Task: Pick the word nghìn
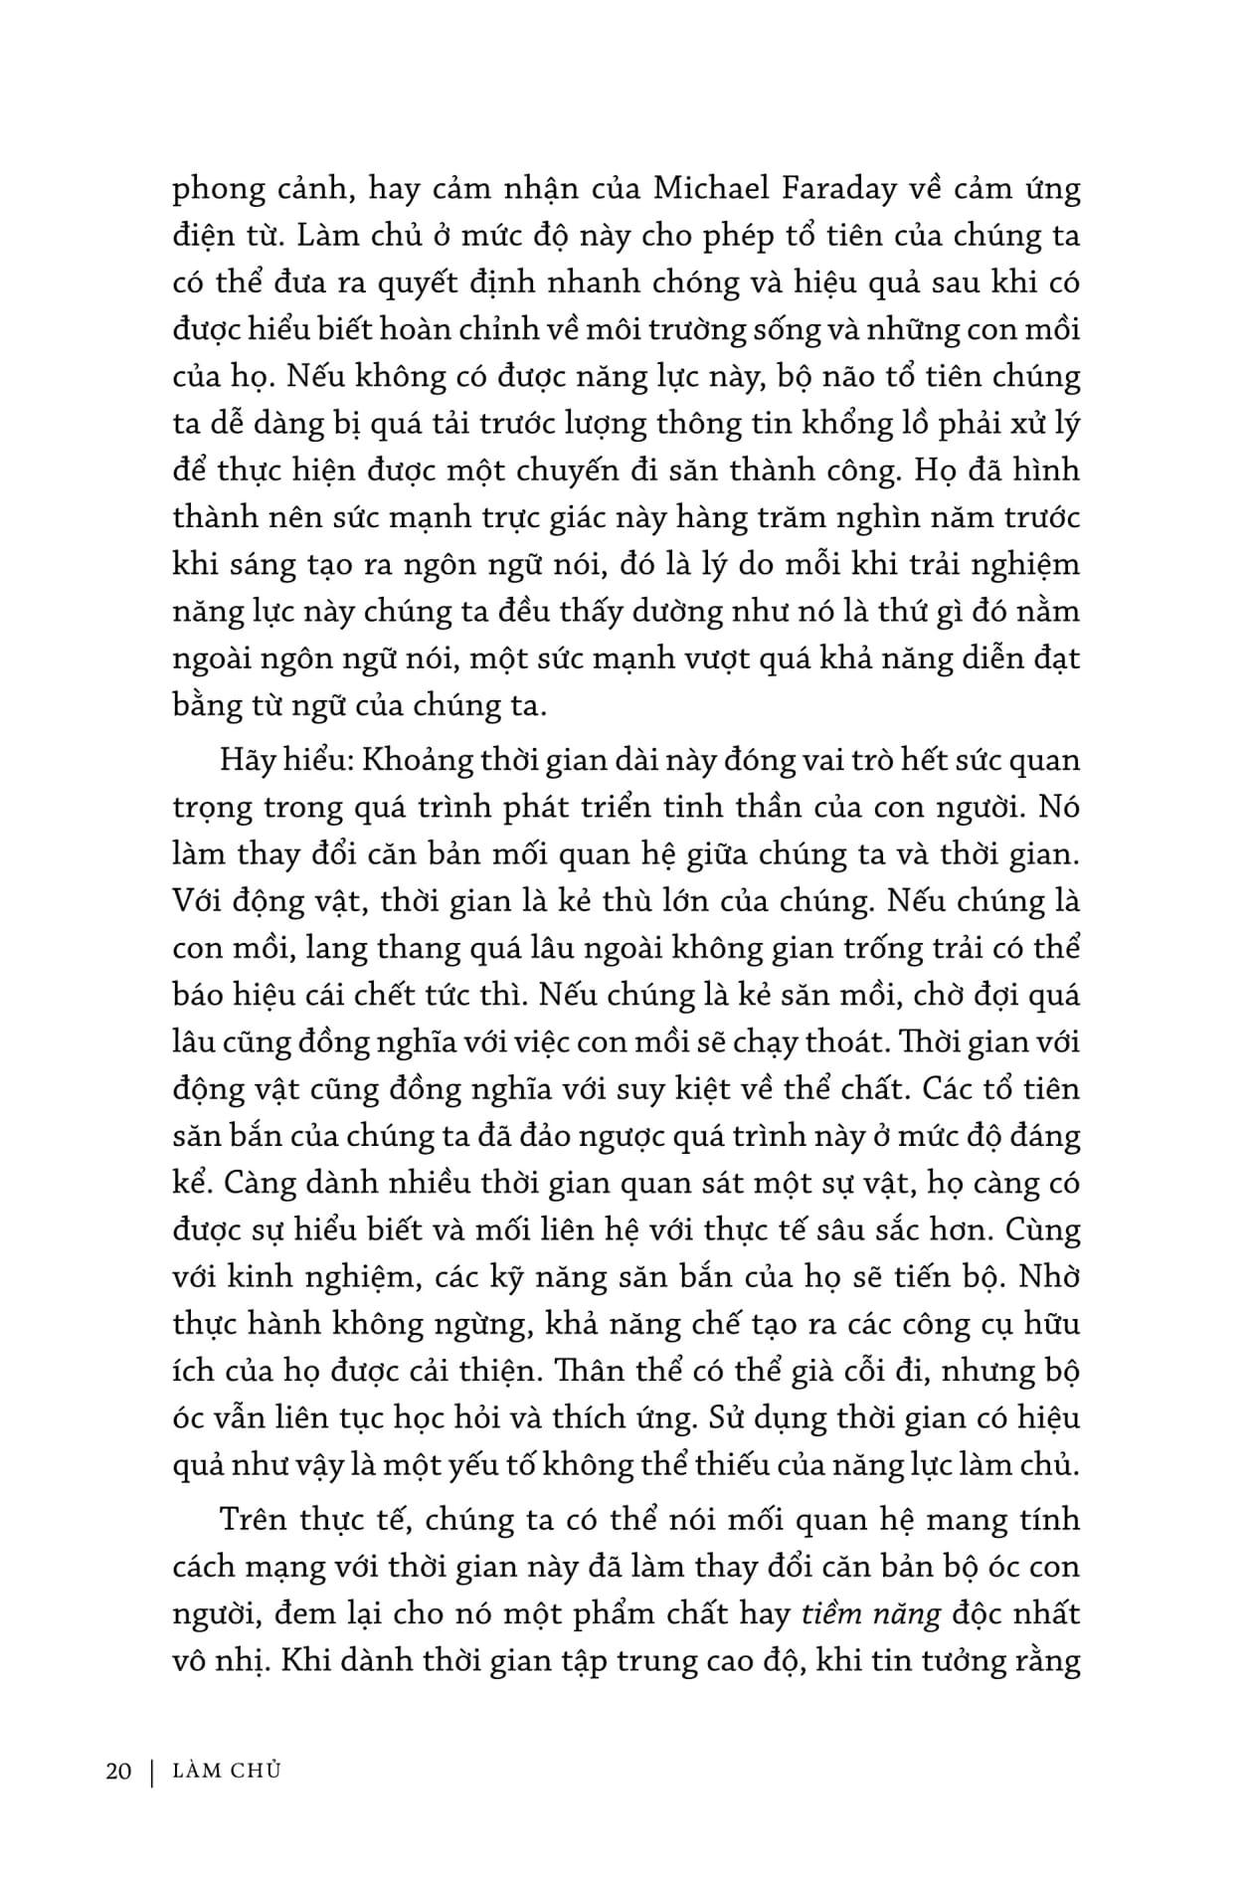click(840, 517)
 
